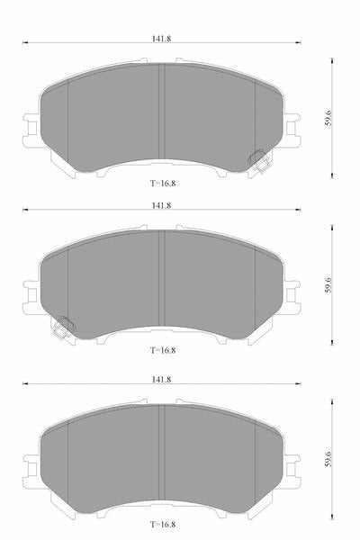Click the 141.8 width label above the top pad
[162, 39]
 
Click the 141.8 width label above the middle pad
[162, 205]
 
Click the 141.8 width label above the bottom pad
[162, 380]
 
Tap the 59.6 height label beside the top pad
[328, 118]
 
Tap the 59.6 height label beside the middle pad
[328, 284]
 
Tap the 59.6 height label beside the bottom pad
[328, 459]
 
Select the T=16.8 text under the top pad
[163, 184]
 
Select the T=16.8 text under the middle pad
[163, 350]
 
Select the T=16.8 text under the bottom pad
[163, 525]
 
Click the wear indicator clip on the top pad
[259, 161]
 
